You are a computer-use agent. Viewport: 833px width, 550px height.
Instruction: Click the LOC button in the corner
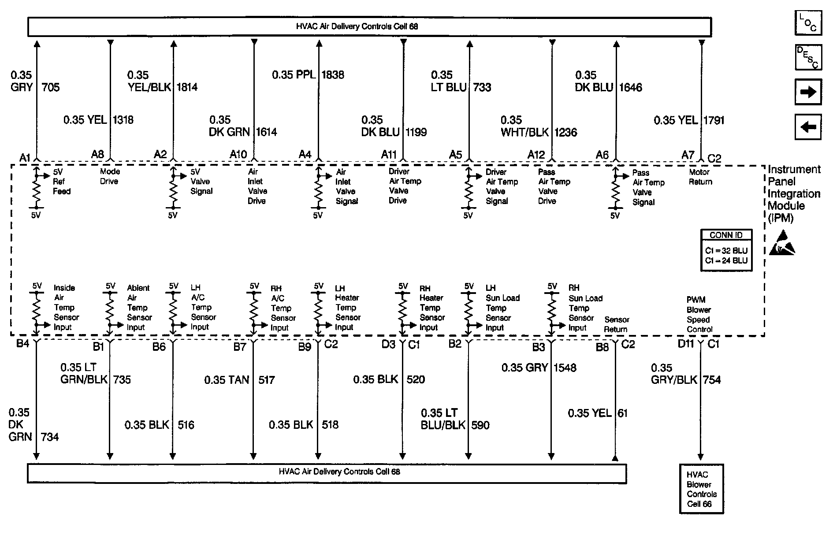click(x=808, y=23)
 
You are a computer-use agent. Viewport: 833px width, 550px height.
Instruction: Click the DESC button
click(x=808, y=57)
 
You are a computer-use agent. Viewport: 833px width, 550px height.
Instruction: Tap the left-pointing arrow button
click(x=808, y=127)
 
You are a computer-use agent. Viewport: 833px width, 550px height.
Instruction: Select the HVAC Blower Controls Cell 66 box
click(x=701, y=489)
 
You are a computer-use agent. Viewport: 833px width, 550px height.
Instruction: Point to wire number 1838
click(x=333, y=74)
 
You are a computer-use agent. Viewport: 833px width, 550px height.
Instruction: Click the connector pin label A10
click(x=238, y=154)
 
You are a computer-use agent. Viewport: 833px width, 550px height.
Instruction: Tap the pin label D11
click(x=686, y=344)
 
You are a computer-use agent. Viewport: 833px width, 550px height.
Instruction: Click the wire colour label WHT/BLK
click(x=524, y=132)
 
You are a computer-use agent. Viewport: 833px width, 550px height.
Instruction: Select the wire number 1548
click(x=565, y=368)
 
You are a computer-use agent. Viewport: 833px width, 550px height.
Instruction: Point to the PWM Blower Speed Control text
click(x=699, y=314)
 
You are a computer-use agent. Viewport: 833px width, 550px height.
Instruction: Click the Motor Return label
click(x=700, y=177)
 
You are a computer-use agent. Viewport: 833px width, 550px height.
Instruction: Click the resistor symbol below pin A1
click(x=36, y=190)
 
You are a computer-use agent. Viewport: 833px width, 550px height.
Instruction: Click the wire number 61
click(x=622, y=413)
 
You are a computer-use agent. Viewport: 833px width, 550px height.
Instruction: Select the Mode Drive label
click(x=109, y=176)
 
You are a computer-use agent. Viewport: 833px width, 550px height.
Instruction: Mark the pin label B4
click(x=22, y=343)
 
